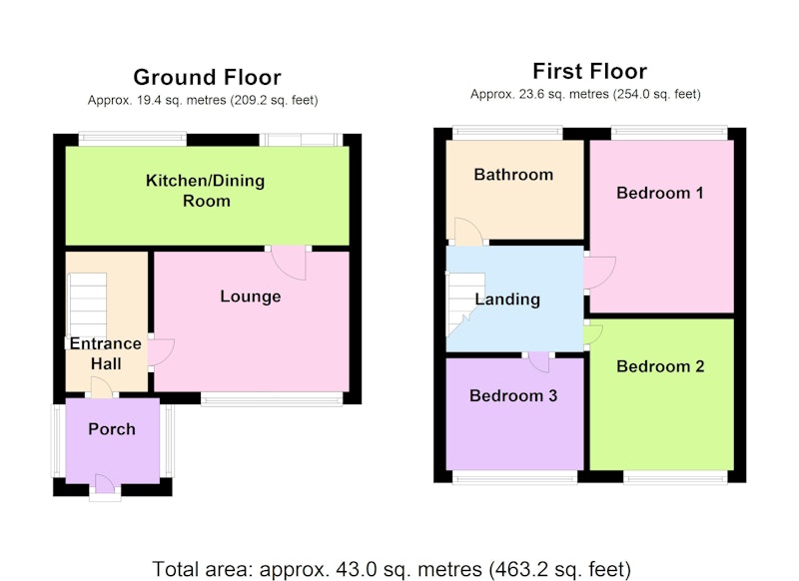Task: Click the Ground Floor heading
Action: [x=207, y=78]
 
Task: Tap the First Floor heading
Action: [x=589, y=71]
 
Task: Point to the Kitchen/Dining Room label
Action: [x=206, y=191]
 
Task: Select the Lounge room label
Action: [x=251, y=296]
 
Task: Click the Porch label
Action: [x=112, y=428]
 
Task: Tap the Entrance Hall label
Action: [x=106, y=353]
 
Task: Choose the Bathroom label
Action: [x=513, y=175]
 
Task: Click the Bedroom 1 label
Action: [x=660, y=193]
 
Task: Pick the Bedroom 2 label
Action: [x=660, y=366]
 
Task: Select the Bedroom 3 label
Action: [x=513, y=395]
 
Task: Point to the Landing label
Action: [x=507, y=298]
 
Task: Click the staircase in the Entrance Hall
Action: [x=87, y=304]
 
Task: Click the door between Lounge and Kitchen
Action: [x=289, y=263]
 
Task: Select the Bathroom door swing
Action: [x=468, y=232]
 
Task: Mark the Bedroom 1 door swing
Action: [x=600, y=273]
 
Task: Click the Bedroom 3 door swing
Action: [x=539, y=361]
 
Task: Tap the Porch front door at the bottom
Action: [x=105, y=484]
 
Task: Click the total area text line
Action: [x=392, y=569]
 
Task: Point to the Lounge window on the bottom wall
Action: [x=272, y=398]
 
